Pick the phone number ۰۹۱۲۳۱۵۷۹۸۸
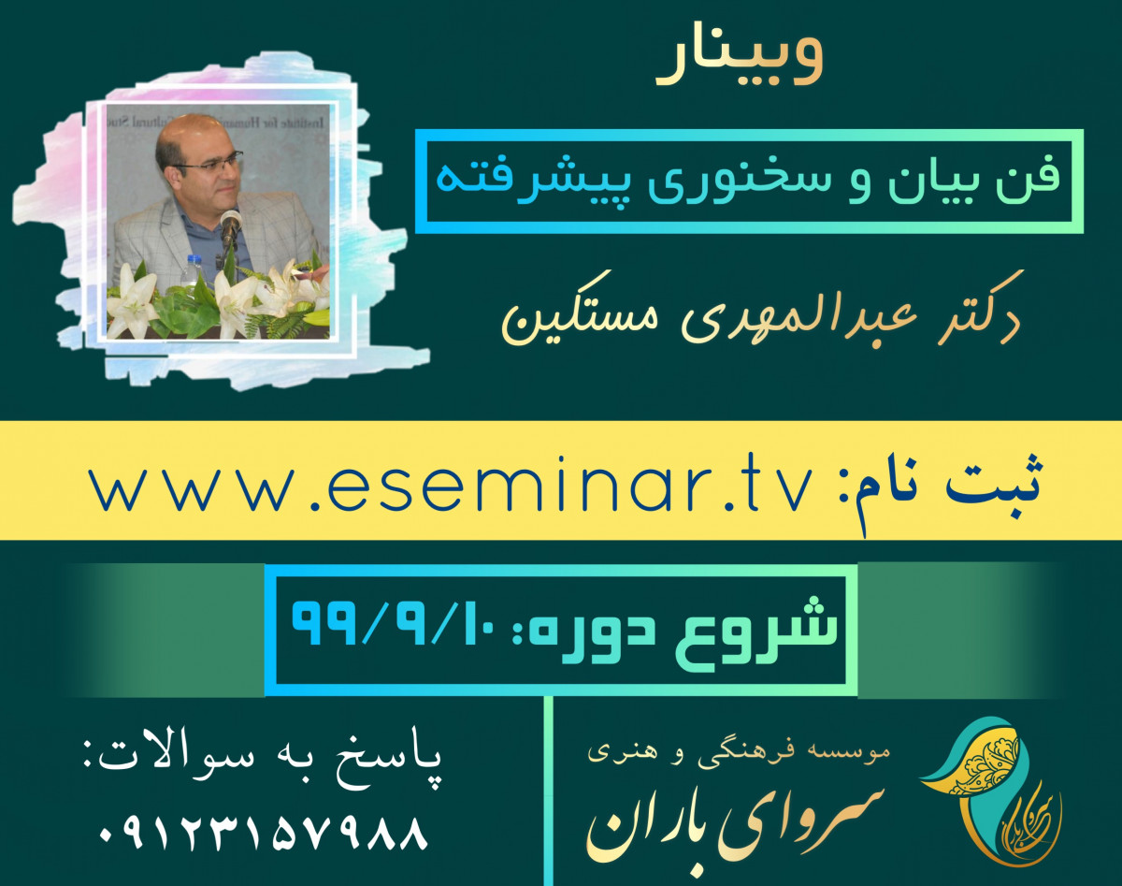(263, 832)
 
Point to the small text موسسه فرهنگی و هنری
(739, 751)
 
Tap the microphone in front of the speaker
(230, 225)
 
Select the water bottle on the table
(193, 270)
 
